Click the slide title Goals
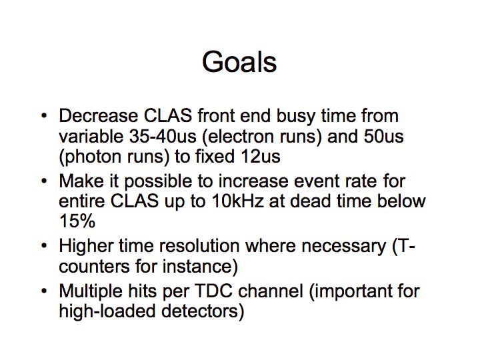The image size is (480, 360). tap(239, 62)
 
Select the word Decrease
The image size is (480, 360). tap(98, 116)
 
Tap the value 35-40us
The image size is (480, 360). tap(163, 136)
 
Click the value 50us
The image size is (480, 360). tap(383, 136)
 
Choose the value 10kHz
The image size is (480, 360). tap(237, 201)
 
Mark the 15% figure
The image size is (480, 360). tap(77, 221)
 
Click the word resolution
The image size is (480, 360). tap(199, 246)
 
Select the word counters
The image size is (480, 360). tap(94, 266)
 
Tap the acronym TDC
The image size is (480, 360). tap(213, 291)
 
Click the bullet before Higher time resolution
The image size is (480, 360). tap(44, 246)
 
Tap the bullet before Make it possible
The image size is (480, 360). tap(44, 181)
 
